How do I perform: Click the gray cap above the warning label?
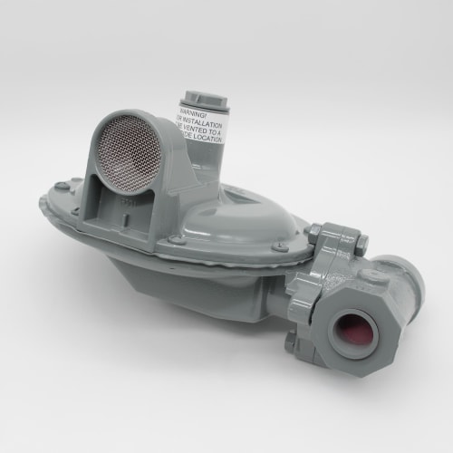pyautogui.click(x=198, y=96)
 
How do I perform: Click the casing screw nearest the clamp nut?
pyautogui.click(x=282, y=246)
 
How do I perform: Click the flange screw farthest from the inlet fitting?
pyautogui.click(x=61, y=187)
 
